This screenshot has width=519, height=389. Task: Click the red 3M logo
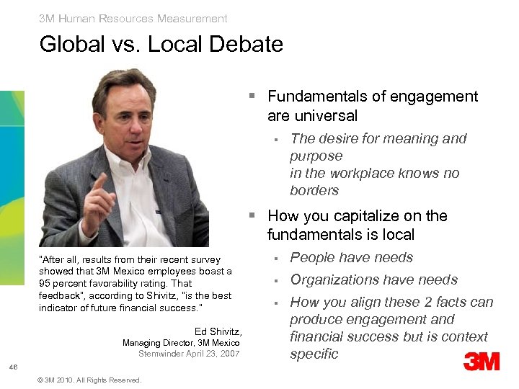[482, 361]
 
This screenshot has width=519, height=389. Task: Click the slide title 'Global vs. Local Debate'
[161, 45]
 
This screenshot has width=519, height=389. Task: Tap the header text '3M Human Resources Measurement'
[133, 19]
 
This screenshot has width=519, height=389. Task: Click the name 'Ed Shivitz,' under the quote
[218, 331]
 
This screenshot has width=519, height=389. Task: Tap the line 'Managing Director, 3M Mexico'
[181, 343]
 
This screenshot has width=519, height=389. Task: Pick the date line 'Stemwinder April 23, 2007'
[190, 354]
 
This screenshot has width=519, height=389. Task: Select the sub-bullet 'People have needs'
[351, 258]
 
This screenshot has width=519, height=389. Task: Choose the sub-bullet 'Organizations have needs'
[373, 280]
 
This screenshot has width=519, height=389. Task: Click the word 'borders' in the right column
[314, 191]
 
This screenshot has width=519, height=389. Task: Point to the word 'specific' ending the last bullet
[314, 354]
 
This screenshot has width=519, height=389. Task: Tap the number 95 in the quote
[45, 283]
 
